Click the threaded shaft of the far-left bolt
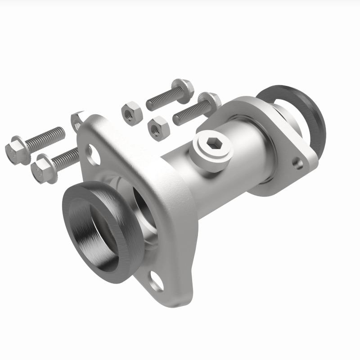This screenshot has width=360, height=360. [45, 138]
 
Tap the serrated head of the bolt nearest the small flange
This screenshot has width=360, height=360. [209, 101]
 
